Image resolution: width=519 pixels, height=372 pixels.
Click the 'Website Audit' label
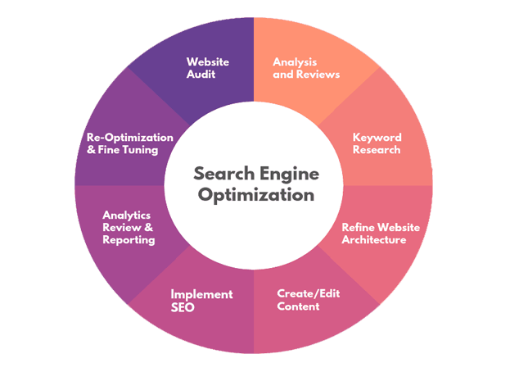tap(207, 68)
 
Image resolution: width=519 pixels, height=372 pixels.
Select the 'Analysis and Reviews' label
tap(305, 68)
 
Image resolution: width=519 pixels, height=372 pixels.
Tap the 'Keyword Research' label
tap(377, 143)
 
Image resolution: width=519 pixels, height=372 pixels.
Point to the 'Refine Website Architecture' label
tap(373, 234)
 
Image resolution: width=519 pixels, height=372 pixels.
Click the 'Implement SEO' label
tap(201, 301)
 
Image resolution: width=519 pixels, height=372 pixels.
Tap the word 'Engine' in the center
tap(288, 175)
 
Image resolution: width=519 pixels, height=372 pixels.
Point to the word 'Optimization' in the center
tap(254, 196)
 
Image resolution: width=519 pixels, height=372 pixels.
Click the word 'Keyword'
tap(377, 137)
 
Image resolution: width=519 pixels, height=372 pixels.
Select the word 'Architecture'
tap(373, 240)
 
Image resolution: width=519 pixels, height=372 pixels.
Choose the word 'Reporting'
tap(129, 240)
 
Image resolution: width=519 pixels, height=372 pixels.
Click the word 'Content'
tap(298, 306)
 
